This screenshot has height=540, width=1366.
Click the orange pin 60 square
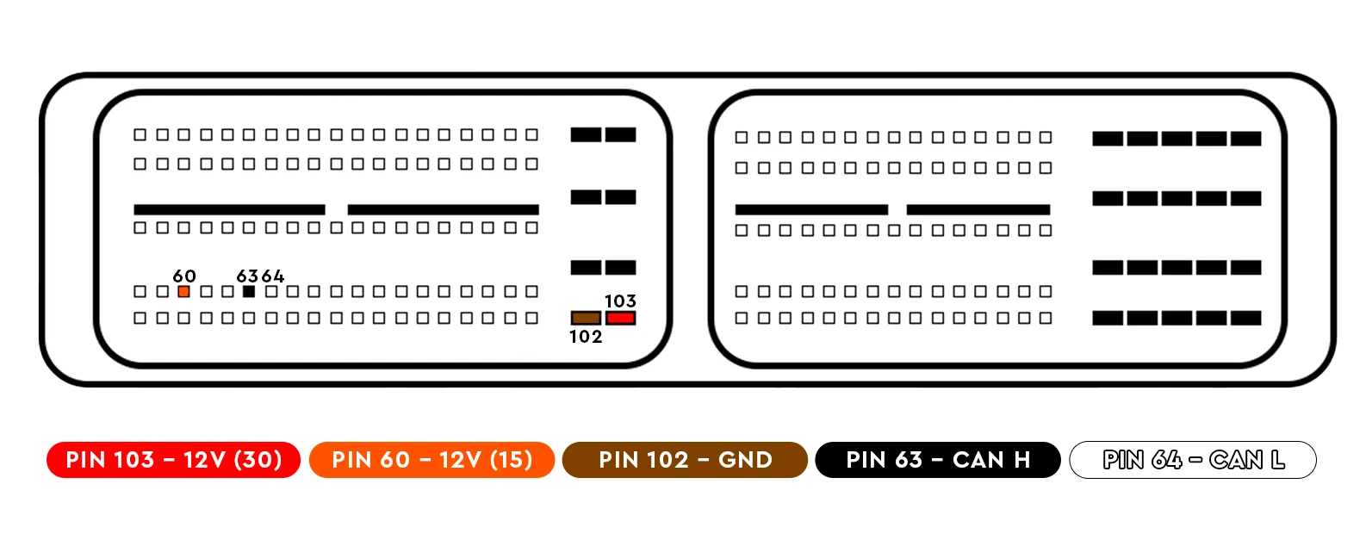tap(183, 292)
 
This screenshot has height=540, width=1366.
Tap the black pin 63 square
tap(249, 292)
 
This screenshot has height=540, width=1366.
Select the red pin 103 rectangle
tap(620, 319)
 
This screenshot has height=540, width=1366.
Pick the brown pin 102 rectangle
tap(586, 319)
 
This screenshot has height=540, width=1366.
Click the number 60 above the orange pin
tap(184, 276)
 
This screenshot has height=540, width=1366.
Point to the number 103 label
tap(620, 301)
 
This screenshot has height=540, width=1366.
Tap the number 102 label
tap(586, 337)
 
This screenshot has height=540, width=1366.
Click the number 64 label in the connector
tap(273, 276)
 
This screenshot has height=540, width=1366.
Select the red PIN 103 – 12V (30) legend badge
tap(173, 460)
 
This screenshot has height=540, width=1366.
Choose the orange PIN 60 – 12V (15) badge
tap(432, 460)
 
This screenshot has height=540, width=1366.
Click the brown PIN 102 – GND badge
tap(685, 460)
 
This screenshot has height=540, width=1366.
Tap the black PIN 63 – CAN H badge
tap(937, 460)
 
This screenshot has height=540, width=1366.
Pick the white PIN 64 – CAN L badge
tap(1193, 460)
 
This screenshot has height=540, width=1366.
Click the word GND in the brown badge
tap(745, 460)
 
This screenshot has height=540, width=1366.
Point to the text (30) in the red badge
tap(258, 460)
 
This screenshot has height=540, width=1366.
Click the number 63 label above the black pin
tap(247, 276)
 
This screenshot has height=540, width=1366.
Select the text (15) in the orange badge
tap(511, 460)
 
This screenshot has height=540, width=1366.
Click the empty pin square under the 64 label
tap(271, 292)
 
